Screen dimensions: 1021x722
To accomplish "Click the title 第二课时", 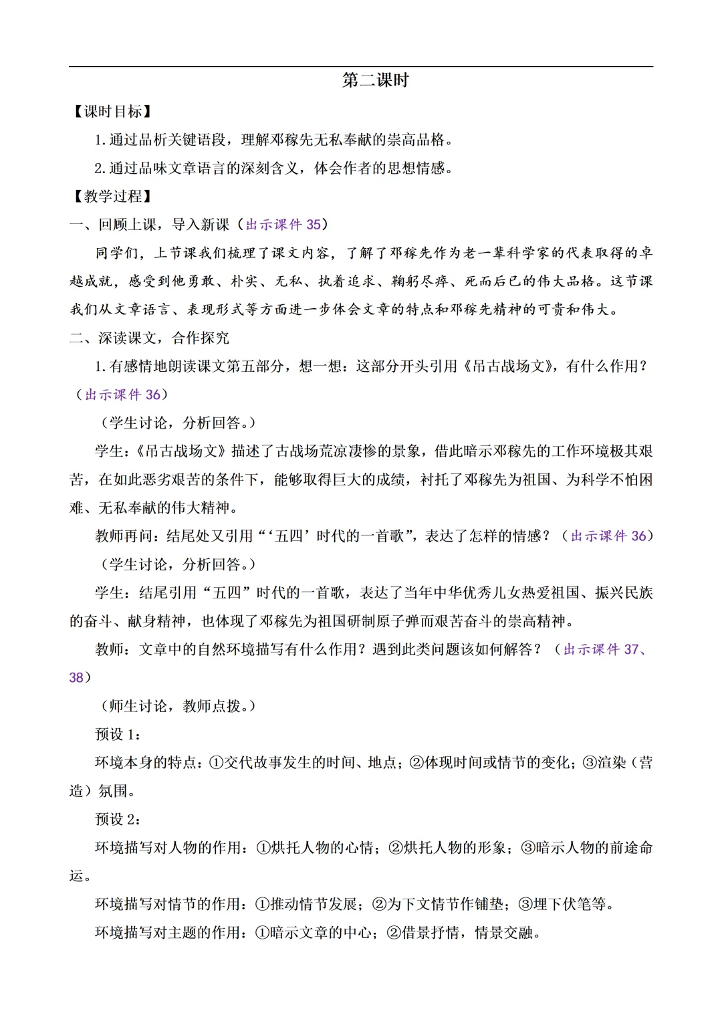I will pyautogui.click(x=375, y=81).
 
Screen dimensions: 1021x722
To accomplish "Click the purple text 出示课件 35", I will pyautogui.click(x=283, y=225).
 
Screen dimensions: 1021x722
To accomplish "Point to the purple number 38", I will pyautogui.click(x=76, y=678).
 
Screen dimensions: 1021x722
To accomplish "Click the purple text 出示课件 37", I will pyautogui.click(x=601, y=649).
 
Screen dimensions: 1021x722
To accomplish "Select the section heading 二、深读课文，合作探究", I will pyautogui.click(x=149, y=338).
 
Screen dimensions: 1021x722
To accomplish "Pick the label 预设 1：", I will pyautogui.click(x=118, y=734).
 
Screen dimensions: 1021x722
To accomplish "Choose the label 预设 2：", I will pyautogui.click(x=118, y=819).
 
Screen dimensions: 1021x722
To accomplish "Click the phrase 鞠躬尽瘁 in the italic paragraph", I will pyautogui.click(x=420, y=281).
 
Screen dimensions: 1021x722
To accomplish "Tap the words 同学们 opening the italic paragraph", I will pyautogui.click(x=117, y=253).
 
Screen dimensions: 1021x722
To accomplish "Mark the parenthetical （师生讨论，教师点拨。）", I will pyautogui.click(x=178, y=706).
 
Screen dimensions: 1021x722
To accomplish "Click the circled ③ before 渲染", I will pyautogui.click(x=590, y=763).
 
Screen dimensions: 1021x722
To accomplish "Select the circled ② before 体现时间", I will pyautogui.click(x=416, y=763).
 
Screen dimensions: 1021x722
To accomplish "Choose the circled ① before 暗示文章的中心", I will pyautogui.click(x=262, y=933).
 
